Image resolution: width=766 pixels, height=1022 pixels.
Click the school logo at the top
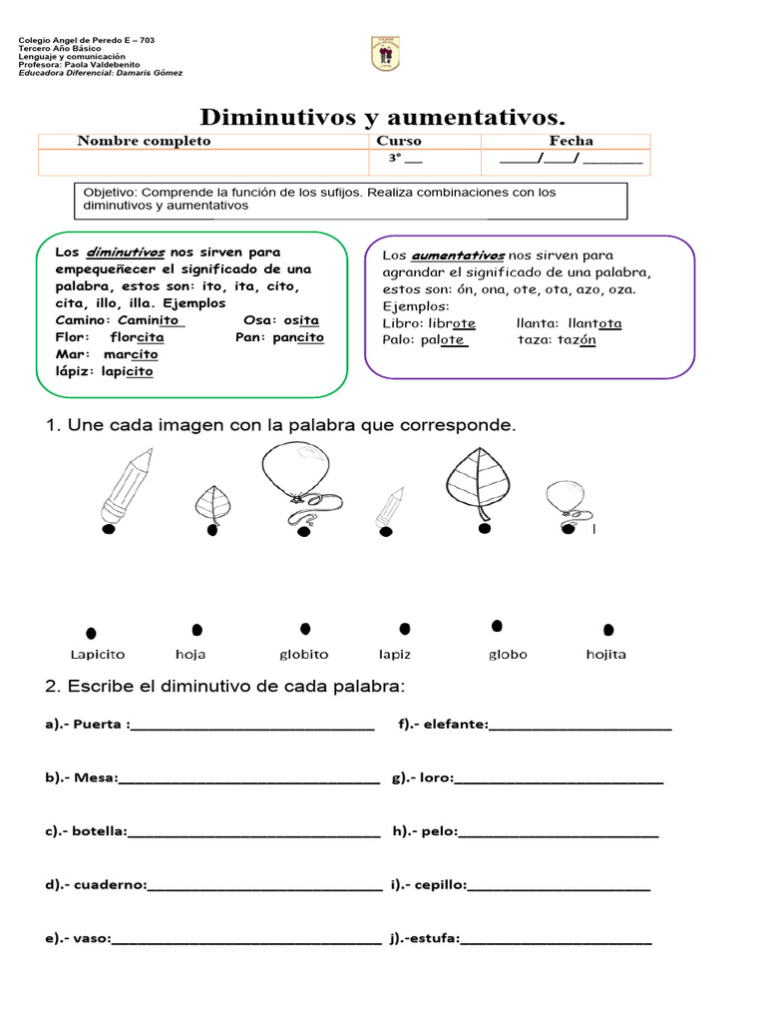pos(385,54)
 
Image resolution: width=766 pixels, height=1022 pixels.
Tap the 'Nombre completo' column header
pos(145,141)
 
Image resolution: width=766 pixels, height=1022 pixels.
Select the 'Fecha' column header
pos(571,141)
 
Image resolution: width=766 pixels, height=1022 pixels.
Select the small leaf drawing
pos(212,503)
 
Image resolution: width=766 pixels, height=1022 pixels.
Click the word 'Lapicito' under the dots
pos(98,655)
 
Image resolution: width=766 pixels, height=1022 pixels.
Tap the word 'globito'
pos(303,655)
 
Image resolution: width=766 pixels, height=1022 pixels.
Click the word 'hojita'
pos(606,655)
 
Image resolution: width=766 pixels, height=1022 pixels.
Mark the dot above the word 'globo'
pos(497,626)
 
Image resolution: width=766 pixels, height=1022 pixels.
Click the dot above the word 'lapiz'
pos(404,629)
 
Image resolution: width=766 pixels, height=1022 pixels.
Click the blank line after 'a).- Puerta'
pos(252,727)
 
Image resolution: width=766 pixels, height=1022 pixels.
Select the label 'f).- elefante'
pos(443,725)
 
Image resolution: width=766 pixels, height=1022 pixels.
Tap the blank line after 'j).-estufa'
pos(556,939)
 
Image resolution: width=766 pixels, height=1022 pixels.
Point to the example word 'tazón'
pos(575,339)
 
